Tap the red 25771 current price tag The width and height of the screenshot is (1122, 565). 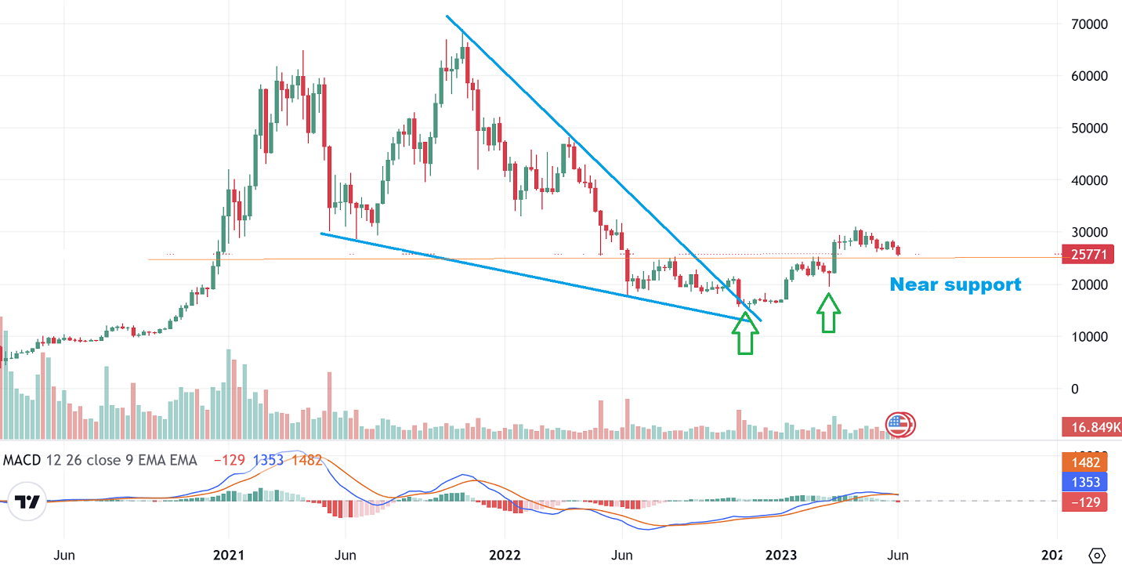pyautogui.click(x=1084, y=255)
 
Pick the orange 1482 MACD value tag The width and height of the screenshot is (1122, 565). pyautogui.click(x=1084, y=462)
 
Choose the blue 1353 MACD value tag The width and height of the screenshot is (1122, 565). pyautogui.click(x=1084, y=482)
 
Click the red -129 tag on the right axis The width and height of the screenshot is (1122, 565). pyautogui.click(x=1084, y=502)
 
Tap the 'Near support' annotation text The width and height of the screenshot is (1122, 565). pyautogui.click(x=955, y=284)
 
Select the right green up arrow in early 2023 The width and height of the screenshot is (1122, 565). pyautogui.click(x=829, y=313)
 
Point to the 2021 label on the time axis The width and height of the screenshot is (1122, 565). pyautogui.click(x=228, y=556)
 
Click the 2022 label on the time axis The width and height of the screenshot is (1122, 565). pyautogui.click(x=505, y=556)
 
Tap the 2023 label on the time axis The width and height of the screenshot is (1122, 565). pyautogui.click(x=781, y=556)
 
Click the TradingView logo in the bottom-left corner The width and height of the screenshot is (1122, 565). pyautogui.click(x=27, y=503)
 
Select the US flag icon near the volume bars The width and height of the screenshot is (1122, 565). pyautogui.click(x=899, y=426)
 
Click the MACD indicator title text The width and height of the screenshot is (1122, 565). pyautogui.click(x=100, y=460)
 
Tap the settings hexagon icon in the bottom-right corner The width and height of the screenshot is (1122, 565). pyautogui.click(x=1097, y=555)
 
